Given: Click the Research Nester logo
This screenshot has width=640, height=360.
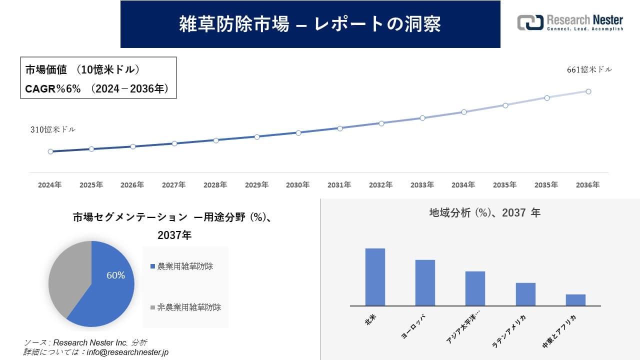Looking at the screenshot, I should pos(570,22).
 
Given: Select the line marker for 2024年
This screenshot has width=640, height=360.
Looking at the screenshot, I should pos(50,151).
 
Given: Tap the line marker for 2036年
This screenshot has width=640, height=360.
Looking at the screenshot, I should pos(588,91).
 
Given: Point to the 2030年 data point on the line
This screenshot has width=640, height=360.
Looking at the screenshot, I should pos(298,133).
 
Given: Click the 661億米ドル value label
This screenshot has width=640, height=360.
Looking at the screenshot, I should pos(589,70).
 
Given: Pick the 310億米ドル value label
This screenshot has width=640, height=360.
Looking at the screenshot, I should pos(53,129).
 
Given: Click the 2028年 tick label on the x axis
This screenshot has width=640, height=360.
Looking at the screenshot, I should pos(215,185).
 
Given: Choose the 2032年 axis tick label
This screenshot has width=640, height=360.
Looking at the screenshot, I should pos(380,185).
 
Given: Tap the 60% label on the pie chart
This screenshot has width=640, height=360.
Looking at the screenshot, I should pos(115,275).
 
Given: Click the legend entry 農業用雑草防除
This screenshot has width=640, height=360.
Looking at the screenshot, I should pos(185,266).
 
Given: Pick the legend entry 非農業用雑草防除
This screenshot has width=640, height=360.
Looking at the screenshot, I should pos(189,307).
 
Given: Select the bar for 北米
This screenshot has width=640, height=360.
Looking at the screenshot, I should pos(375,277).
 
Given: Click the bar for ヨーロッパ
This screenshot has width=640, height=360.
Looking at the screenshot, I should pos(425,282).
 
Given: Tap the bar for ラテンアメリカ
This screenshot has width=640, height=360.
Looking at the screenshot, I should pos(525,294).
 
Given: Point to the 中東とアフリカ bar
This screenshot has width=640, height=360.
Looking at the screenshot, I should pos(575,300).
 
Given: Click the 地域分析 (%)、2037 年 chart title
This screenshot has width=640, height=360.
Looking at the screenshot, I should pos(484,212).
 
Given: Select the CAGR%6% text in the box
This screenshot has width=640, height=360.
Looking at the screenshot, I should pos(52,89).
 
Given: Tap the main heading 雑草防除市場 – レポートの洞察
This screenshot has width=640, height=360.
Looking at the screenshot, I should pos(310,24).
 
